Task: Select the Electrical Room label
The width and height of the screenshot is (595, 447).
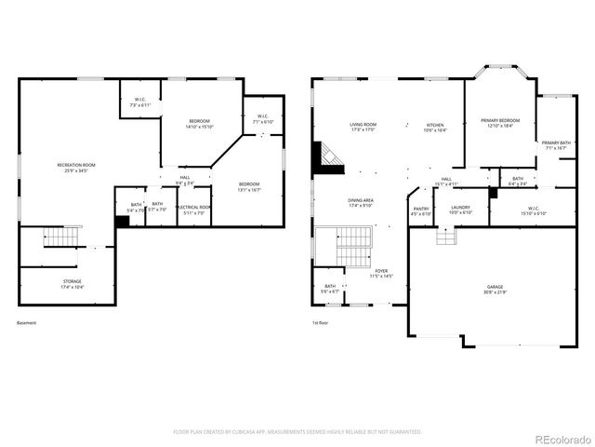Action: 194,210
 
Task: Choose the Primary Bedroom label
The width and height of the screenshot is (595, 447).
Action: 500,123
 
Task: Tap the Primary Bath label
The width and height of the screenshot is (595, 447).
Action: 556,144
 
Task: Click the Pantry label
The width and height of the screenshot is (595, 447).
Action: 421,211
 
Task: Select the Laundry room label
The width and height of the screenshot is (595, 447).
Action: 460,210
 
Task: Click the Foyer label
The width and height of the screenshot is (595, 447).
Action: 382,275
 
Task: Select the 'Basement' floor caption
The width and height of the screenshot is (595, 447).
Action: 28,323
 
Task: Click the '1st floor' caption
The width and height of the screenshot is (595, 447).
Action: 321,323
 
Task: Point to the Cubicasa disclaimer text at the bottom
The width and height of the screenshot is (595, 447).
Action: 297,432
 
